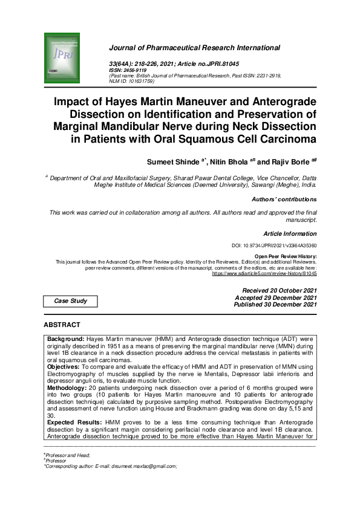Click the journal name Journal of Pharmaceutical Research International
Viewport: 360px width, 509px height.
click(x=194, y=48)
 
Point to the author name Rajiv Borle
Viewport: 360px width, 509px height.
click(x=289, y=162)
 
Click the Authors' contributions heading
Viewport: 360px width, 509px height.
click(x=284, y=199)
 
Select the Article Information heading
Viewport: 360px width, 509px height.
click(x=290, y=233)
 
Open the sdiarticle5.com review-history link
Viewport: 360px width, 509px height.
click(x=264, y=273)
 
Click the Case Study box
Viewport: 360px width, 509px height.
click(x=70, y=300)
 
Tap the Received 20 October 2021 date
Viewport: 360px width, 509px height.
click(x=279, y=291)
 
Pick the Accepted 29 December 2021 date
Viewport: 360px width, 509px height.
click(x=275, y=297)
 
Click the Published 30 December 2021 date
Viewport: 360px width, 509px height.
click(x=275, y=305)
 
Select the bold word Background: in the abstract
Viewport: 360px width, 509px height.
click(x=67, y=340)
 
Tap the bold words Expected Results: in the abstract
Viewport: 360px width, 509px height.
click(x=75, y=419)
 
